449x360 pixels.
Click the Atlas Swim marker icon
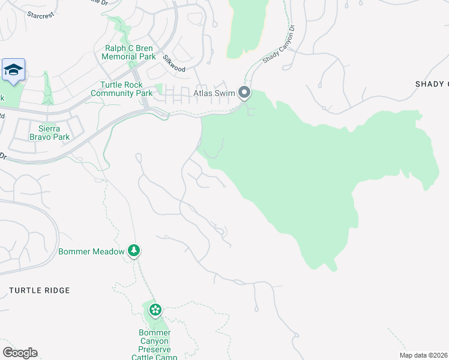click(244, 92)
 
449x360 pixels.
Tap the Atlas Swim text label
click(214, 93)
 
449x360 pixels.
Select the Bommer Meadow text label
click(91, 251)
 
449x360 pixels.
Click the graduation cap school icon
click(13, 70)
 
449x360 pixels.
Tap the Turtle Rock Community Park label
click(121, 89)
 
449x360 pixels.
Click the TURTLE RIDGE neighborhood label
click(40, 290)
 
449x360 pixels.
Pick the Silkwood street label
click(173, 63)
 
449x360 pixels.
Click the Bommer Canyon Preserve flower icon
click(155, 310)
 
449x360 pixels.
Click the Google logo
click(19, 353)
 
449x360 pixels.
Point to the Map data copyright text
click(424, 355)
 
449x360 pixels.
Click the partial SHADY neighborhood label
click(432, 84)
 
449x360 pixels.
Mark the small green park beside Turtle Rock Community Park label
click(158, 89)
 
